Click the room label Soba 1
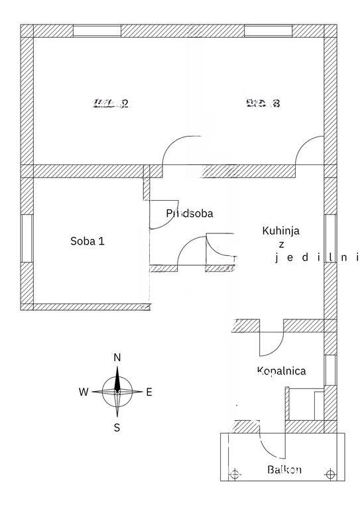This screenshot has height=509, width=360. tap(88, 241)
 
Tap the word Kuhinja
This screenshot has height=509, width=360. tap(281, 231)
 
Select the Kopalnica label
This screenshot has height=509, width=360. tap(281, 371)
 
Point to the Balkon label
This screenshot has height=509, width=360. tap(284, 470)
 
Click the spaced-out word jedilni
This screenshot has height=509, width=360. tap(317, 258)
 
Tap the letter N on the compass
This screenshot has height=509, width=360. tap(117, 358)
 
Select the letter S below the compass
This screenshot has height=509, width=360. tap(117, 427)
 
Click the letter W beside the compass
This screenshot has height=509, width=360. tap(84, 392)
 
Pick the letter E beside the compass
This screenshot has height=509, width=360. tap(149, 392)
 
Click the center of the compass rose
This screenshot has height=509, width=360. tap(117, 392)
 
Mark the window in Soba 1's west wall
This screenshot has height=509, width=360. tap(27, 238)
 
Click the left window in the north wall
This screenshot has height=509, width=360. tap(97, 30)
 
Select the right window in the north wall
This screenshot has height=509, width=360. tap(268, 30)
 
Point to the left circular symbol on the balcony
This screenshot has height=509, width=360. tap(234, 473)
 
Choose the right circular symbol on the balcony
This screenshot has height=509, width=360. tap(331, 473)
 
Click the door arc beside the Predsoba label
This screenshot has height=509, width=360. tap(163, 215)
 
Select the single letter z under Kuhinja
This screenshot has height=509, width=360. tap(281, 245)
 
